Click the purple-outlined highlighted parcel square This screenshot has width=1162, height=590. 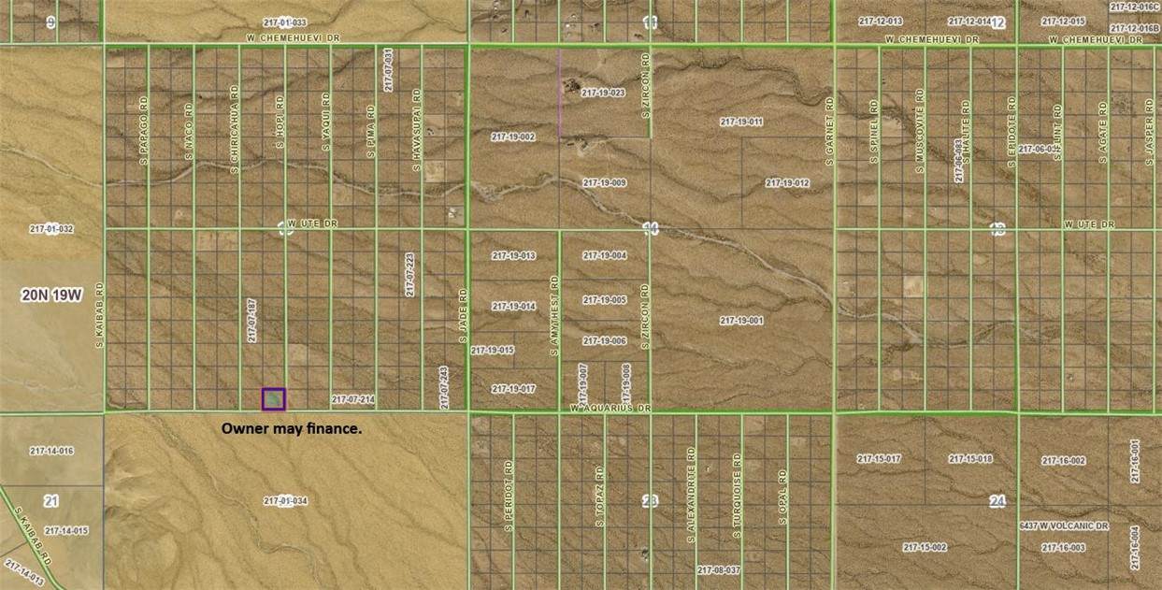coord(273,399)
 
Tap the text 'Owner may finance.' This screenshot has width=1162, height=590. coord(291,428)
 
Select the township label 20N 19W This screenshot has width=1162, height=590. coord(52,295)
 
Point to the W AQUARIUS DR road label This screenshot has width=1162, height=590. coord(610,410)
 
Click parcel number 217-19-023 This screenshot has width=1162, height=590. coord(602,93)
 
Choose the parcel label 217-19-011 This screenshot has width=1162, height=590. coord(741,122)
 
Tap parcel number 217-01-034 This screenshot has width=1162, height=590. coord(285,501)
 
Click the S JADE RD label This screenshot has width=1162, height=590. coord(462,314)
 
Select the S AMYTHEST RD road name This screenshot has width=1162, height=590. coord(553,314)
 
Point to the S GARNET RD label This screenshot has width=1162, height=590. coord(829,130)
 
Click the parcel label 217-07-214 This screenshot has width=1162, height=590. coord(353,399)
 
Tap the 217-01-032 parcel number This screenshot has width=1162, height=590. coord(51,228)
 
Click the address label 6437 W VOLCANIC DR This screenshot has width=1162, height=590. coord(1064,526)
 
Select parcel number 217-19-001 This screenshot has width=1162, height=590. coord(741,320)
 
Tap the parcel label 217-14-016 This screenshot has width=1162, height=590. coord(51,451)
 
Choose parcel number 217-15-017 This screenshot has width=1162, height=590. coord(879,458)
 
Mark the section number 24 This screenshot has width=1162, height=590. coord(997,502)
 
